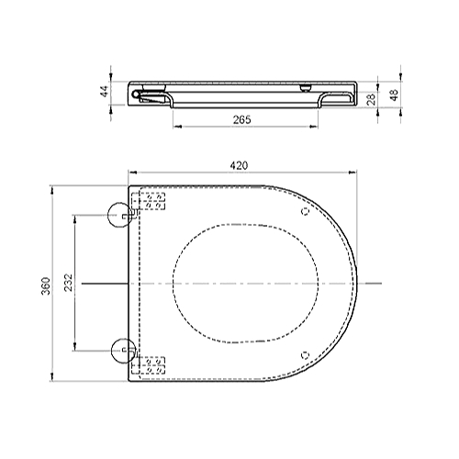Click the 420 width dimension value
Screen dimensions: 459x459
point(239,165)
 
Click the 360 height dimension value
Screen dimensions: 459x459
point(46,285)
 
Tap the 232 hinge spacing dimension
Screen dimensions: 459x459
point(69,282)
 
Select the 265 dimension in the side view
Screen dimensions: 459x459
point(241,119)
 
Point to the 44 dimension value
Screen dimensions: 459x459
point(105,92)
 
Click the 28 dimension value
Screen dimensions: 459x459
point(371,100)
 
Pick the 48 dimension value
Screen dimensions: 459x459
point(395,95)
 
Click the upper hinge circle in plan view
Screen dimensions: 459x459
point(119,215)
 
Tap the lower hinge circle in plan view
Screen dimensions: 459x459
point(124,351)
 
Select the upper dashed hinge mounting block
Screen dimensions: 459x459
point(149,201)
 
